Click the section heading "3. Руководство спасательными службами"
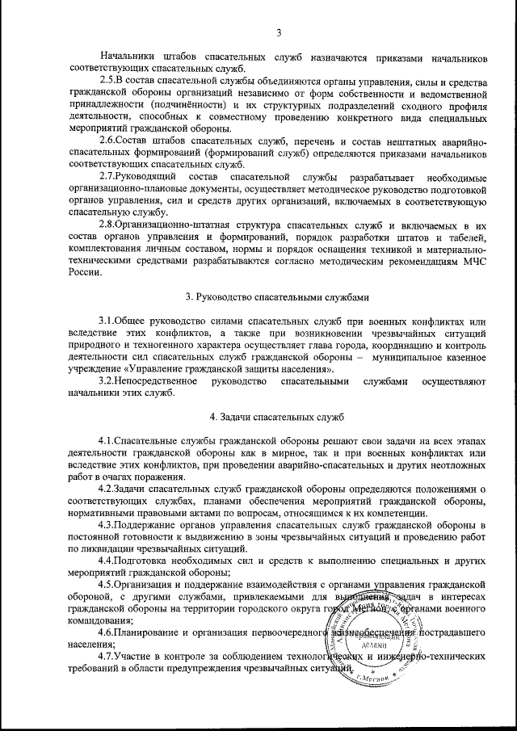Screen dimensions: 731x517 (x=277, y=297)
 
